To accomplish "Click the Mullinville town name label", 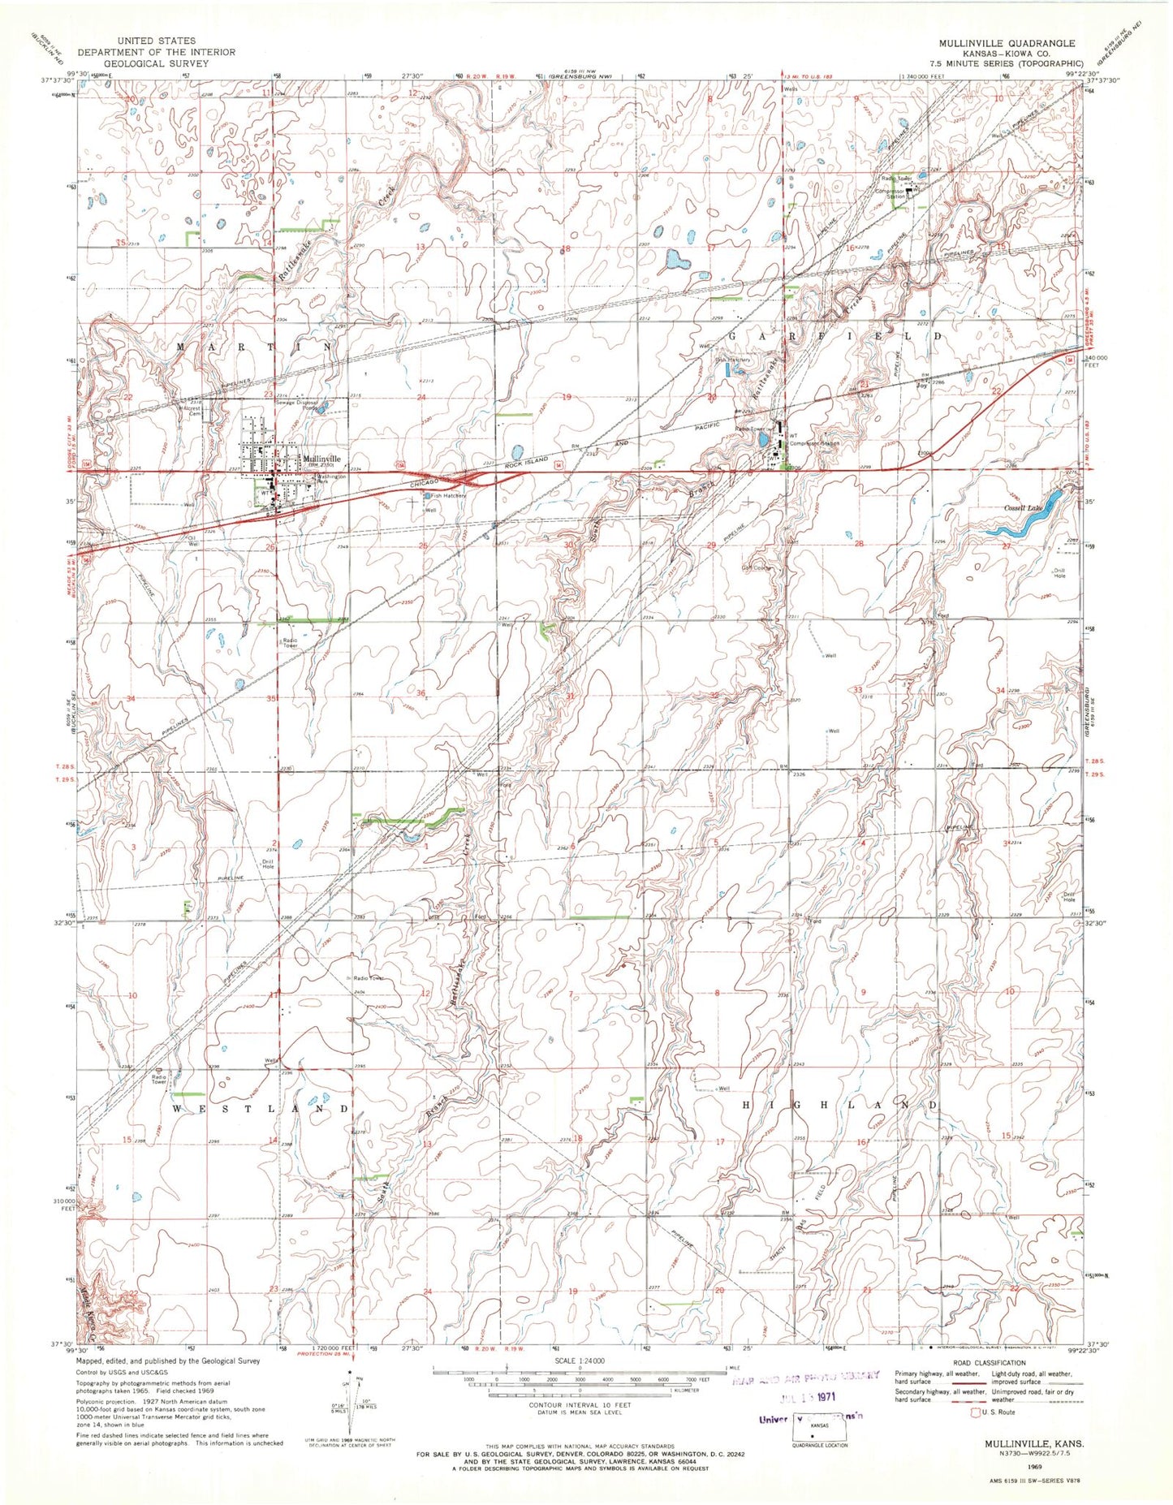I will (322, 458).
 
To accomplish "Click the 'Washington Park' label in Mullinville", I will (330, 477).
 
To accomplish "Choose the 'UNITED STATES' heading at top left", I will (156, 40).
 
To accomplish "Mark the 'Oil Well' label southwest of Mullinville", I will (192, 541).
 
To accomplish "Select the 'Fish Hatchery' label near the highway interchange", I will (447, 496).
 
